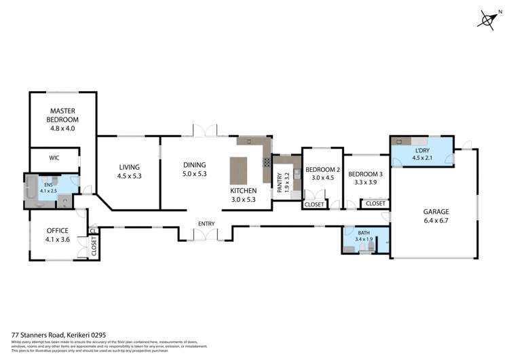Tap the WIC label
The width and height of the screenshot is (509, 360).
click(54, 158)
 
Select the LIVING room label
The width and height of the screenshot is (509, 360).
click(128, 167)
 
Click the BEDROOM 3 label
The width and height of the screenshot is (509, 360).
click(366, 174)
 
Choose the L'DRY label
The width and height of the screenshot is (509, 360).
click(423, 151)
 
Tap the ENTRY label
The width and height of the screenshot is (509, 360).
click(206, 223)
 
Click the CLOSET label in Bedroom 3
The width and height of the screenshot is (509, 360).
click(375, 204)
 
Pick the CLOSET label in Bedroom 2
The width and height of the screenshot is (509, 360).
click(314, 204)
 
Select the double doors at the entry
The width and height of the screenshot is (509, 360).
click(205, 235)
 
